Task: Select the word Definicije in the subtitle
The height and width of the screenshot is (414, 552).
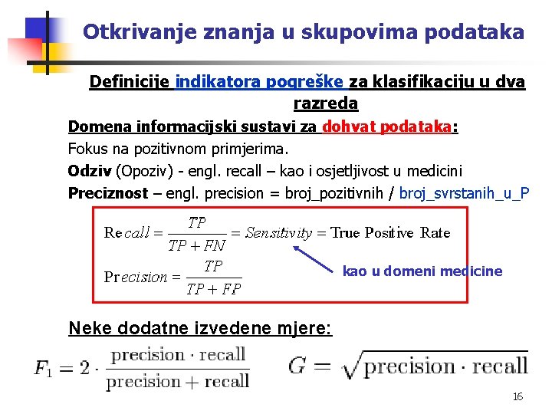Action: pos(130,82)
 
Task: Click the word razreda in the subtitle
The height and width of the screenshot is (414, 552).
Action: pos(325,102)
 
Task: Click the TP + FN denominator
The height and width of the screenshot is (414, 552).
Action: pos(196,246)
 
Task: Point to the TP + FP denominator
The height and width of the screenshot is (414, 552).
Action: pos(213,289)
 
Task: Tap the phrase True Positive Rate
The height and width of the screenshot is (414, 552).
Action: pos(390,233)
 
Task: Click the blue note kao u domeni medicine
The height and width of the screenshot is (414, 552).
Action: pos(422,271)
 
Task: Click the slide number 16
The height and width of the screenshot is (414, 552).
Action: pos(517,396)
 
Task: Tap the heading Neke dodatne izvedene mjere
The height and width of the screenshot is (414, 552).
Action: pos(200,328)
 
